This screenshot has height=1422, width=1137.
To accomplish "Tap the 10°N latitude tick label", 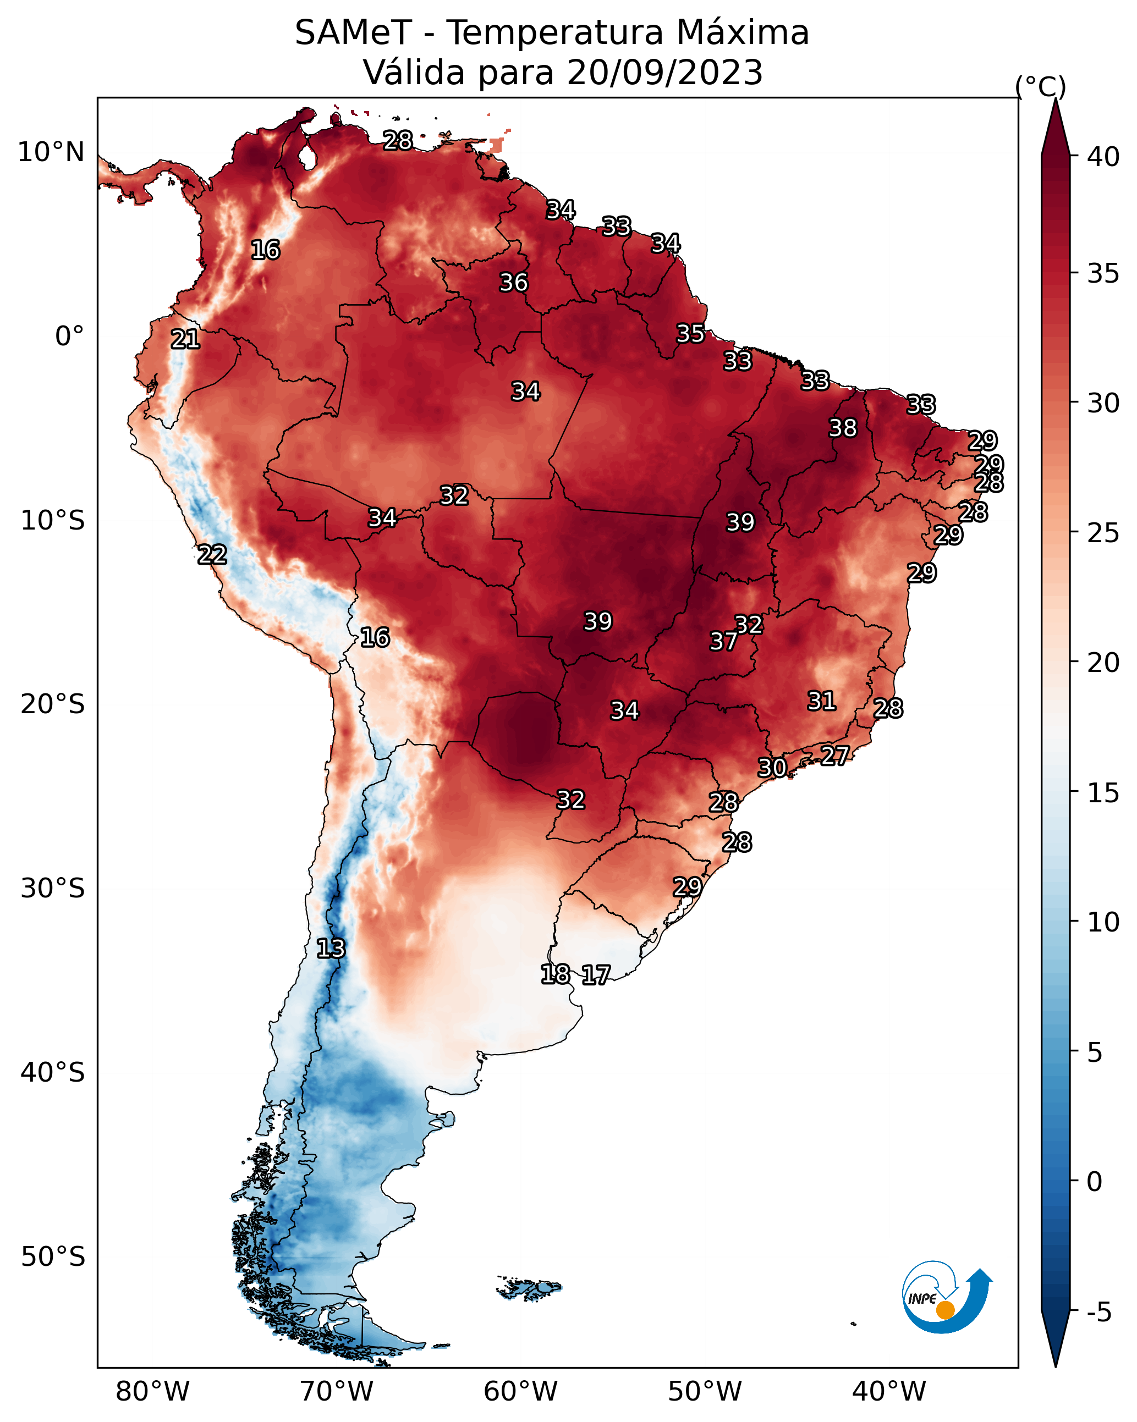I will tap(51, 152).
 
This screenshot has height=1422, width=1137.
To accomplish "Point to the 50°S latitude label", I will tap(53, 1256).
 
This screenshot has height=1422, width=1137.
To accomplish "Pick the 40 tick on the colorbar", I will tap(1103, 157).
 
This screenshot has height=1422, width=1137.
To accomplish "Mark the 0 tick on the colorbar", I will tap(1094, 1182).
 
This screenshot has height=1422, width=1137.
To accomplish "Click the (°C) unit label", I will tap(1040, 86).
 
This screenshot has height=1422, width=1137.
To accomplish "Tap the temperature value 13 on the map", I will tap(331, 949).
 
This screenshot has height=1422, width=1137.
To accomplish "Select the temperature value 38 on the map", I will tap(843, 428).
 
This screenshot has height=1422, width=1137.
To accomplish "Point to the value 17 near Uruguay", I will tap(596, 975).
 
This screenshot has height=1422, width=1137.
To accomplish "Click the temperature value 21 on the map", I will tap(185, 340).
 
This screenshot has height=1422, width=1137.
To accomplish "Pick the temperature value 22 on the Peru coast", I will tap(212, 555).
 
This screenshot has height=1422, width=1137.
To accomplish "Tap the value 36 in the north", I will tap(513, 282).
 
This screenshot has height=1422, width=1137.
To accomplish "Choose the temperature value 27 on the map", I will tap(835, 755).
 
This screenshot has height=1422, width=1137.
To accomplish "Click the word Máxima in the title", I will tap(743, 33).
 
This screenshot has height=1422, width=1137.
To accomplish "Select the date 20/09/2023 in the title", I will tap(664, 73).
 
